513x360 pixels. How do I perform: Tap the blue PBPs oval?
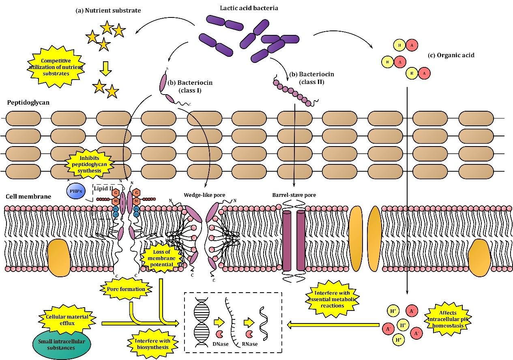[76, 190]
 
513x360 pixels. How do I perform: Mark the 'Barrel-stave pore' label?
[294, 195]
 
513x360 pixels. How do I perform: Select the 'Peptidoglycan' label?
[28, 102]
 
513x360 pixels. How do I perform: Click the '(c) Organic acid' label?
[451, 55]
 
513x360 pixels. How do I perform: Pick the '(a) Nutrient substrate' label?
[108, 11]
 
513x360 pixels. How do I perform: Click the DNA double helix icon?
[202, 319]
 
